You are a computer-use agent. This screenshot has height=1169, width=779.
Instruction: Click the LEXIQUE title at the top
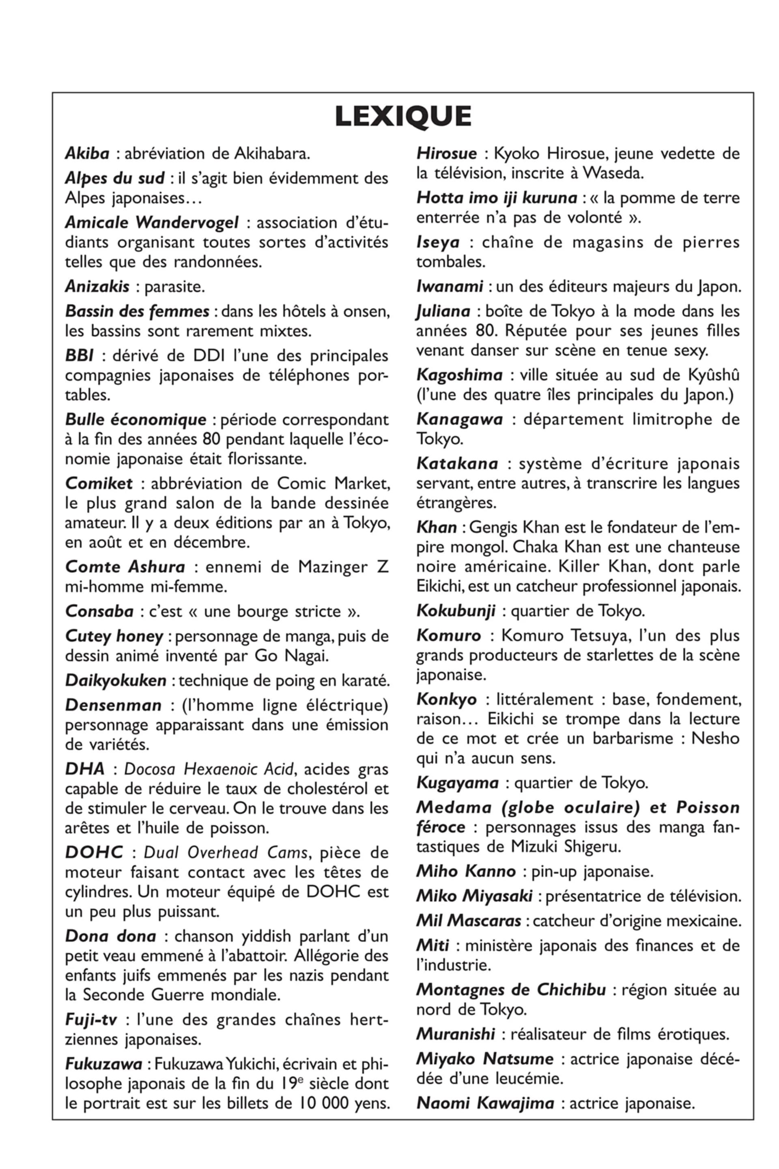pos(403,116)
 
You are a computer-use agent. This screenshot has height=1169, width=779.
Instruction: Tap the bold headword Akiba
pos(87,153)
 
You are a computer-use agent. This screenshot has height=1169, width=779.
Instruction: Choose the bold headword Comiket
pos(99,483)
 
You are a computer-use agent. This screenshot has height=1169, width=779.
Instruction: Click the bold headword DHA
pos(85,769)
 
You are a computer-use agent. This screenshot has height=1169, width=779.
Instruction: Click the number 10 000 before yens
pos(325,1103)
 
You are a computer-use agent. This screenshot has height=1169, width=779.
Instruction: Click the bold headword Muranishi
pos(456,1034)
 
